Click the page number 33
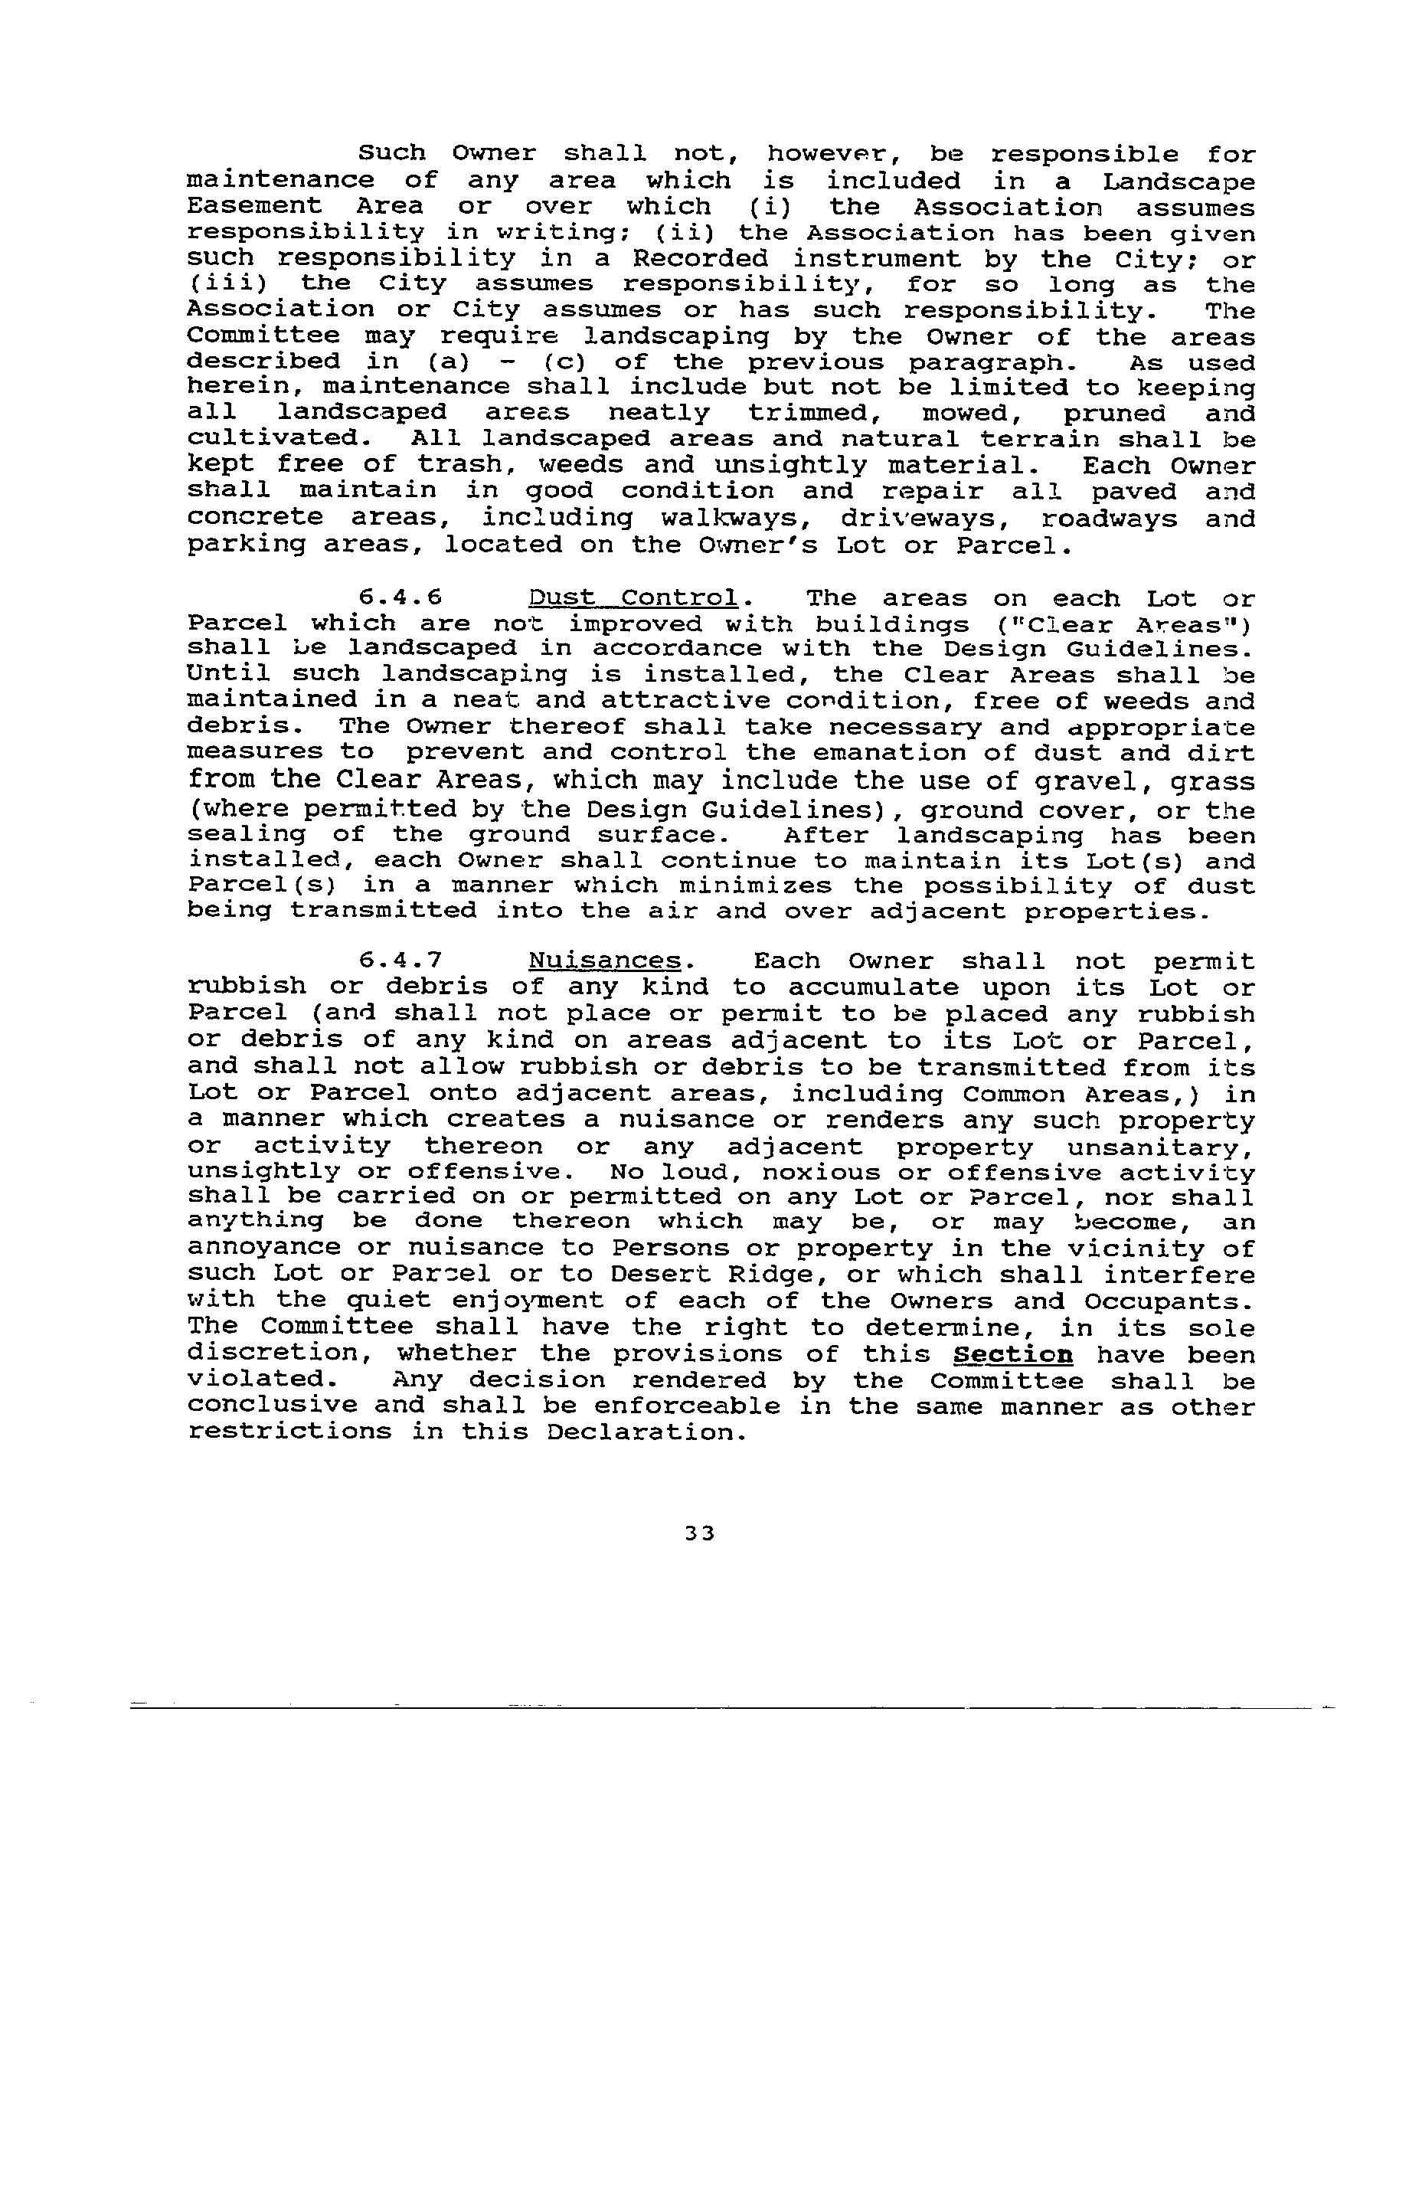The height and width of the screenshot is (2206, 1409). click(699, 1533)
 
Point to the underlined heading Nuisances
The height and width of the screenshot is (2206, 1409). click(606, 960)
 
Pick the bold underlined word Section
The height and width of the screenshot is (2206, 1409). click(1013, 1354)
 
